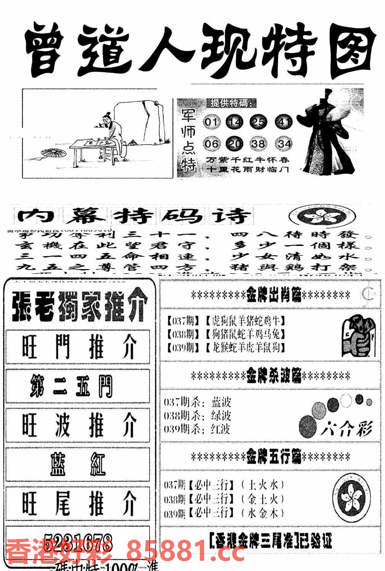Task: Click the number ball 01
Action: (x=212, y=122)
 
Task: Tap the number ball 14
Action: (x=236, y=122)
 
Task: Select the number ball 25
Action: (x=259, y=122)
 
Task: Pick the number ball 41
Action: (x=284, y=122)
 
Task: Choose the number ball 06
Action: (x=212, y=144)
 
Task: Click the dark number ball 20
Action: (x=236, y=144)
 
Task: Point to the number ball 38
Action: (x=259, y=144)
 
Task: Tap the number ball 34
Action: (x=284, y=144)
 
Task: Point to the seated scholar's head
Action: (x=107, y=116)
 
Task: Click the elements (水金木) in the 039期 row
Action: (x=263, y=513)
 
